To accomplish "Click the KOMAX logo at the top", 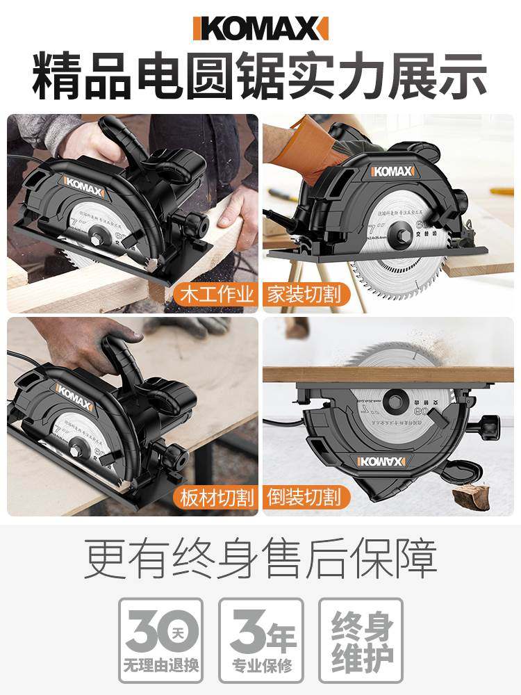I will (260, 28).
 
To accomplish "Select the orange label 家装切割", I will (304, 294).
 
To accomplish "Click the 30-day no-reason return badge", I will (160, 640).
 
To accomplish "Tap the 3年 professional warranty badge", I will (261, 640).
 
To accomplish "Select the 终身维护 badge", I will (361, 640).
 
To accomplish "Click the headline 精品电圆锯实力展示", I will (260, 79).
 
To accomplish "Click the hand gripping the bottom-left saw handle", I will (83, 341).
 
